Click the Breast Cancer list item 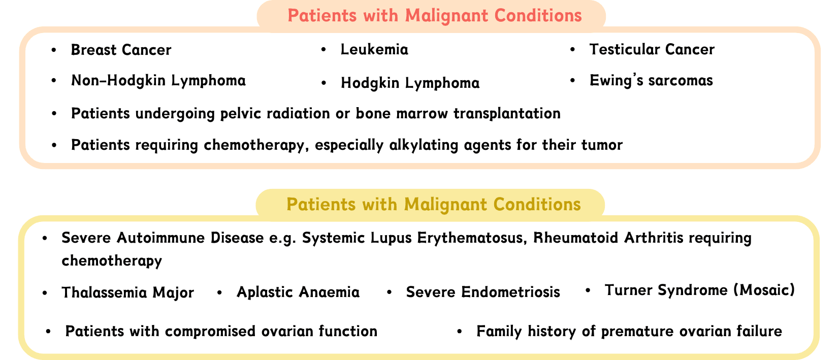pos(121,50)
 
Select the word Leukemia pos(374,49)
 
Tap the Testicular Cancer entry pos(652,49)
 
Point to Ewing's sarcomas pos(651,81)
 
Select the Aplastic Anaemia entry pos(298,292)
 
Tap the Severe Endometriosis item pos(483,292)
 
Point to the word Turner pos(629,290)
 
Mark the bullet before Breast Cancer pos(54,50)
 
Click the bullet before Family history pos(460,332)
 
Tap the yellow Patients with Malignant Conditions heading pos(434,205)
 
